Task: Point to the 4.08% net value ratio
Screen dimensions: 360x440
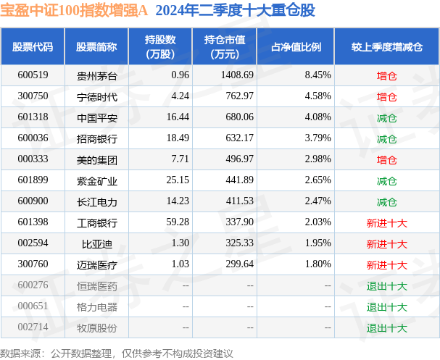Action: coord(317,117)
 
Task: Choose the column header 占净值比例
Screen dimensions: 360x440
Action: coord(296,46)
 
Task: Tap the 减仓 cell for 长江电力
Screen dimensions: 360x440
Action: coord(386,201)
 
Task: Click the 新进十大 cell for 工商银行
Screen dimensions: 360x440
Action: coord(386,222)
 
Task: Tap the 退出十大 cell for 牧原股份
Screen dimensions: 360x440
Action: coord(386,328)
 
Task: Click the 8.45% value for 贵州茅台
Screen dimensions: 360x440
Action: coord(317,75)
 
